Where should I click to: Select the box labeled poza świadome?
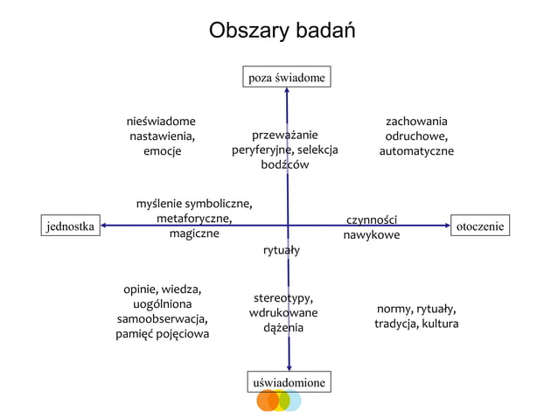tap(287, 78)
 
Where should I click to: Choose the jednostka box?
tap(70, 226)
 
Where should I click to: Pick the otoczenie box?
tap(479, 226)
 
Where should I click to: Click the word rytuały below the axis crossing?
tap(282, 251)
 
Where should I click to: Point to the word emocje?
tap(162, 151)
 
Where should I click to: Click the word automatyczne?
tap(416, 151)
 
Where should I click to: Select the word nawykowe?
tap(372, 235)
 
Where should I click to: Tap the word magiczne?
tap(194, 234)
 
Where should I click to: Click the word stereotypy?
tap(283, 297)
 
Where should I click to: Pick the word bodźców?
tap(284, 165)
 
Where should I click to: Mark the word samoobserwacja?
tap(162, 318)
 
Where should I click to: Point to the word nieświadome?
tap(162, 121)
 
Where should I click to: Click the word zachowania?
tap(416, 121)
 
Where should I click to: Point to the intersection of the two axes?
tap(288, 226)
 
